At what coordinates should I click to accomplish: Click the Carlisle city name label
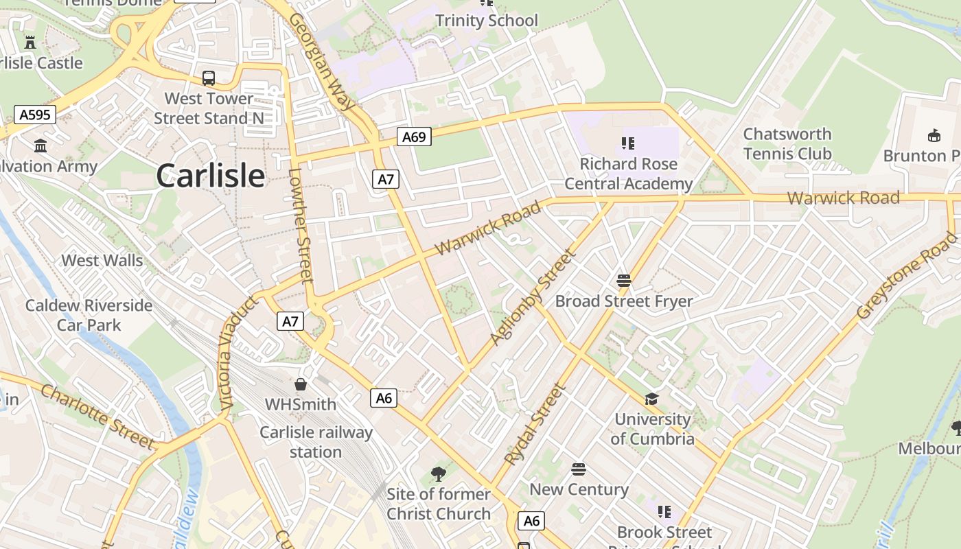point(210,176)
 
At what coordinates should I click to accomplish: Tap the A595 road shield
point(35,115)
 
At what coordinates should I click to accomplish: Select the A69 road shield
point(414,137)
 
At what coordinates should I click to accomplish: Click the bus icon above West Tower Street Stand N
point(209,78)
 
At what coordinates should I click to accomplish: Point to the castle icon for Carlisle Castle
point(30,42)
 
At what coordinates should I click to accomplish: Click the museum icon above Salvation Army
point(40,145)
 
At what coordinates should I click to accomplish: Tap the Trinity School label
point(487,21)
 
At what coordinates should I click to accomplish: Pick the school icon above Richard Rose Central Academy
point(628,143)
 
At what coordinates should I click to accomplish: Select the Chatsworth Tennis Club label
point(787,144)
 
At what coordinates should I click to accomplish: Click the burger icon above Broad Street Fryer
point(623,280)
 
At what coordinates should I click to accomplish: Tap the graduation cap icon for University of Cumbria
point(651,399)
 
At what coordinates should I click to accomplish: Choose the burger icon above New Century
point(579,469)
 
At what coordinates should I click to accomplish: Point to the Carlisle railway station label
point(316,443)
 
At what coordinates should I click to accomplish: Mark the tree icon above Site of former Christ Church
point(438,474)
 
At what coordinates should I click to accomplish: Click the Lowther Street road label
point(301,226)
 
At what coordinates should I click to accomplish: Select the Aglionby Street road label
point(531,297)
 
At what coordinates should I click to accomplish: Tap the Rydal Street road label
point(535,425)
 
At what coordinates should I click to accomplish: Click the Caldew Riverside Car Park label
point(89,315)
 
